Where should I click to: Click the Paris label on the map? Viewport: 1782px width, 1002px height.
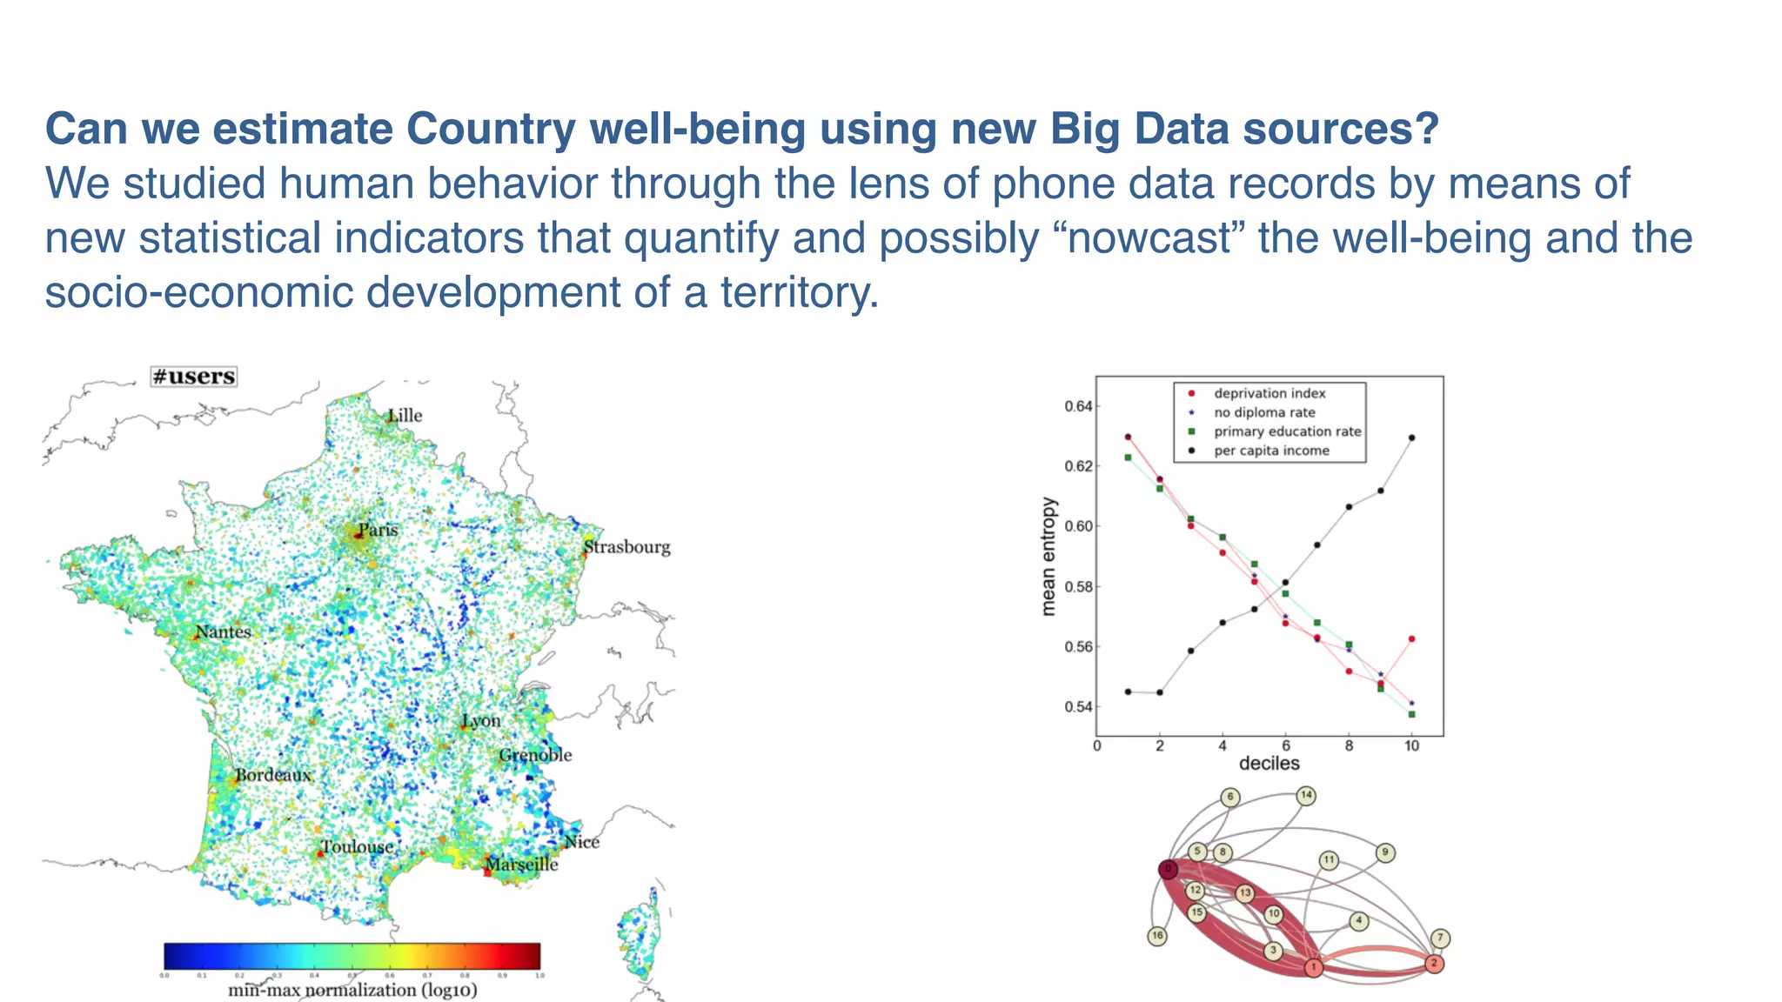378,530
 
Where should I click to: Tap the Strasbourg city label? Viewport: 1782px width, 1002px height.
626,547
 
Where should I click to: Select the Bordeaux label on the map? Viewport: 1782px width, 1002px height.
272,774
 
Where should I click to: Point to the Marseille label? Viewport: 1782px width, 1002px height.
521,864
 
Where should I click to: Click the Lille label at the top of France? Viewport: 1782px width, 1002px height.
405,416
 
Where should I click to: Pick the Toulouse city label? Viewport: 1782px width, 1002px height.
357,846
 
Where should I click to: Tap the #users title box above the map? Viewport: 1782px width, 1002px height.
193,377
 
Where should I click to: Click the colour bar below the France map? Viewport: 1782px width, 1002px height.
352,956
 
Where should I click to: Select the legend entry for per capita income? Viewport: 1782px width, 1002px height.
1270,451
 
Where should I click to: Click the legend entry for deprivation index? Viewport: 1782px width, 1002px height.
1269,393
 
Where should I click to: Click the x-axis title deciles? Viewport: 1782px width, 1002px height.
1269,764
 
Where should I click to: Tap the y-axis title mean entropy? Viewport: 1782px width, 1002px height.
1048,557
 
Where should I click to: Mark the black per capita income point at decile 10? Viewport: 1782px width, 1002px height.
1411,438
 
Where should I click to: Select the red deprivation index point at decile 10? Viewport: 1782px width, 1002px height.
1411,639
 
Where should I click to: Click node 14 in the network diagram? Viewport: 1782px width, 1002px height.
1306,795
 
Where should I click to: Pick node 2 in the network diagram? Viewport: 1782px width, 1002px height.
1434,964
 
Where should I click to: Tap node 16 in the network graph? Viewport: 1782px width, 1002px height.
1157,936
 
